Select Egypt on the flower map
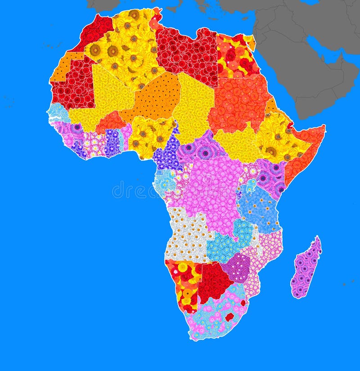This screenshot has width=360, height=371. [x=235, y=57]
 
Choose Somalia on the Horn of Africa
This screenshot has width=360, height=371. [x=306, y=149]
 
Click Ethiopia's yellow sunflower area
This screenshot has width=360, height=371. [x=277, y=135]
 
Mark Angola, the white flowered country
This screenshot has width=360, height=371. [x=187, y=234]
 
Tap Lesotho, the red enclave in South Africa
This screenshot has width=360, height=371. [x=229, y=317]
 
